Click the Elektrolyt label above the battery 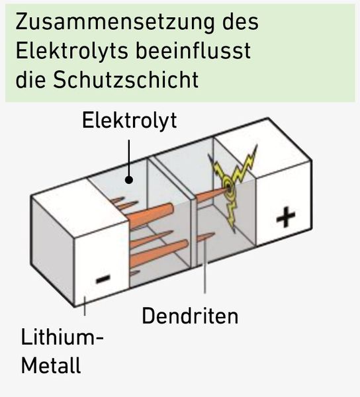130,120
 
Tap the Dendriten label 189,316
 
